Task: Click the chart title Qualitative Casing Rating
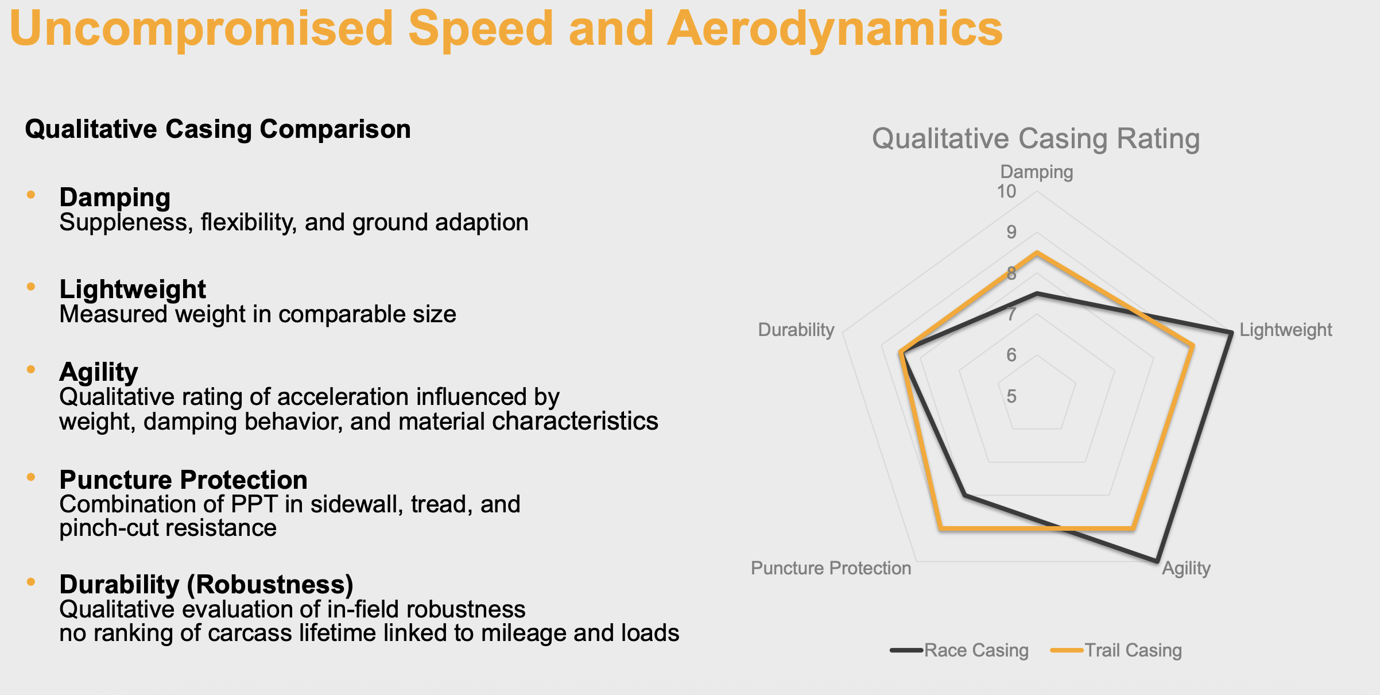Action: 1036,139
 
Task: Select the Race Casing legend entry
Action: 975,650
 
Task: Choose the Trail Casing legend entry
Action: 1132,650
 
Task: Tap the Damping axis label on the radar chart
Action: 1036,172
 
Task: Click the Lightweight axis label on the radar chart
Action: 1285,330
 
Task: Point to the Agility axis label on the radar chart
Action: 1186,568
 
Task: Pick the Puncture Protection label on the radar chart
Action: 831,568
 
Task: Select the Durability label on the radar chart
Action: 796,330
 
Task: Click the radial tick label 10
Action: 1006,191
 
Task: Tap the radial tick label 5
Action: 1011,396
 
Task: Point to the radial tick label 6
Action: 1011,355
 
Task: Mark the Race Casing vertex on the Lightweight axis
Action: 1231,333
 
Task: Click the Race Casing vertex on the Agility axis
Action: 1157,561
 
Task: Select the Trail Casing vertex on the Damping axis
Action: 1037,253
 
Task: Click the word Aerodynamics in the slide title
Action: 834,29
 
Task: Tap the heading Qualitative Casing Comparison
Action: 218,129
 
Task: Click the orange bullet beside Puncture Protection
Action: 31,477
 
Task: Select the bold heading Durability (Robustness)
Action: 206,585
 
